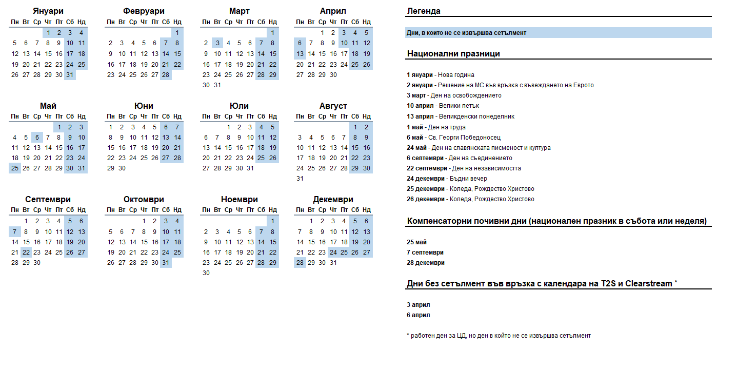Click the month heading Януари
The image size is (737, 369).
point(48,11)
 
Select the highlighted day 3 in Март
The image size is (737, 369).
point(217,43)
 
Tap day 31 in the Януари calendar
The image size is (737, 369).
point(70,74)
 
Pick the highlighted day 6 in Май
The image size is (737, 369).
point(37,137)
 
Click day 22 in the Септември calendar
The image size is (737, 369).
point(26,252)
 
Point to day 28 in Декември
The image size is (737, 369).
point(300,262)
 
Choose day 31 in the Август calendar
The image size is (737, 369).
point(300,179)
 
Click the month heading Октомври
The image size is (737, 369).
point(144,199)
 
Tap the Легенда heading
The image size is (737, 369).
point(424,11)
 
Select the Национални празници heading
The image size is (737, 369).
point(453,53)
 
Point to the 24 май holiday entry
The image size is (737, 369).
point(479,148)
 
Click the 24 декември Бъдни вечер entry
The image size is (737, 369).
point(447,179)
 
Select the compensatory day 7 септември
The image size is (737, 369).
point(425,252)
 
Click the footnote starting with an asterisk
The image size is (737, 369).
point(499,336)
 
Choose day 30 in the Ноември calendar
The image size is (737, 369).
point(206,273)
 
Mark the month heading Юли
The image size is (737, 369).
point(240,106)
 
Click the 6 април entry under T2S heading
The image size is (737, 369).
point(419,315)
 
